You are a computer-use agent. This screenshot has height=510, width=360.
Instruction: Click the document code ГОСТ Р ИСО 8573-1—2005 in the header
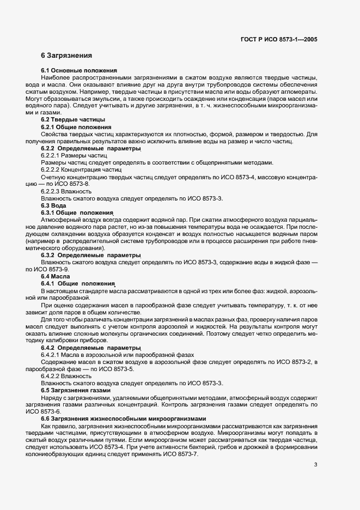click(279, 39)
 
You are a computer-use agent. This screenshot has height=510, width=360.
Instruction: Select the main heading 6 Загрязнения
click(66, 56)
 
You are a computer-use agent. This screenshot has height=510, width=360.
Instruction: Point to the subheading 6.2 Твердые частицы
click(74, 119)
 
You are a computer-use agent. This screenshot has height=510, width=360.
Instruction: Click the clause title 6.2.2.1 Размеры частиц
click(74, 156)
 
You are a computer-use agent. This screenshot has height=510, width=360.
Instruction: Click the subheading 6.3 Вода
click(54, 206)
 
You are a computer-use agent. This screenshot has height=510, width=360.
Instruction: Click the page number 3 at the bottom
click(316, 465)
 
